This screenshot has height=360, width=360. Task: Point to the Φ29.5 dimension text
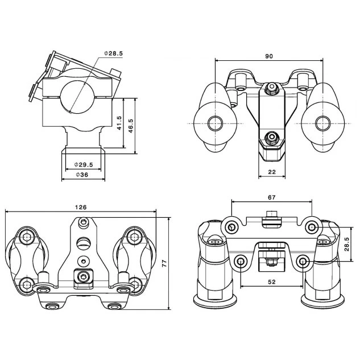83,164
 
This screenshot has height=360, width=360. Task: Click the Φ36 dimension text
82,176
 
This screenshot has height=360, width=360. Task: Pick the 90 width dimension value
269,56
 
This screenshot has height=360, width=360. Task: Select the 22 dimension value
271,172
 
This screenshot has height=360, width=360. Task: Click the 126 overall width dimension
80,207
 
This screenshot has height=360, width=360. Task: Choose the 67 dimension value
271,197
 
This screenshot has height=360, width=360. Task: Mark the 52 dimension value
271,282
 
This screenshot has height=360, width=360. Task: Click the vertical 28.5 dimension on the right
346,245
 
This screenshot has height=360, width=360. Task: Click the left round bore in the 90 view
215,123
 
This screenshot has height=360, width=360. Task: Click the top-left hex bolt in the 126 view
26,237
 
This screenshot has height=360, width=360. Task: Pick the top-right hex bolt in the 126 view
133,237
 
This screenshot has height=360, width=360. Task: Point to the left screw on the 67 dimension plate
231,227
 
